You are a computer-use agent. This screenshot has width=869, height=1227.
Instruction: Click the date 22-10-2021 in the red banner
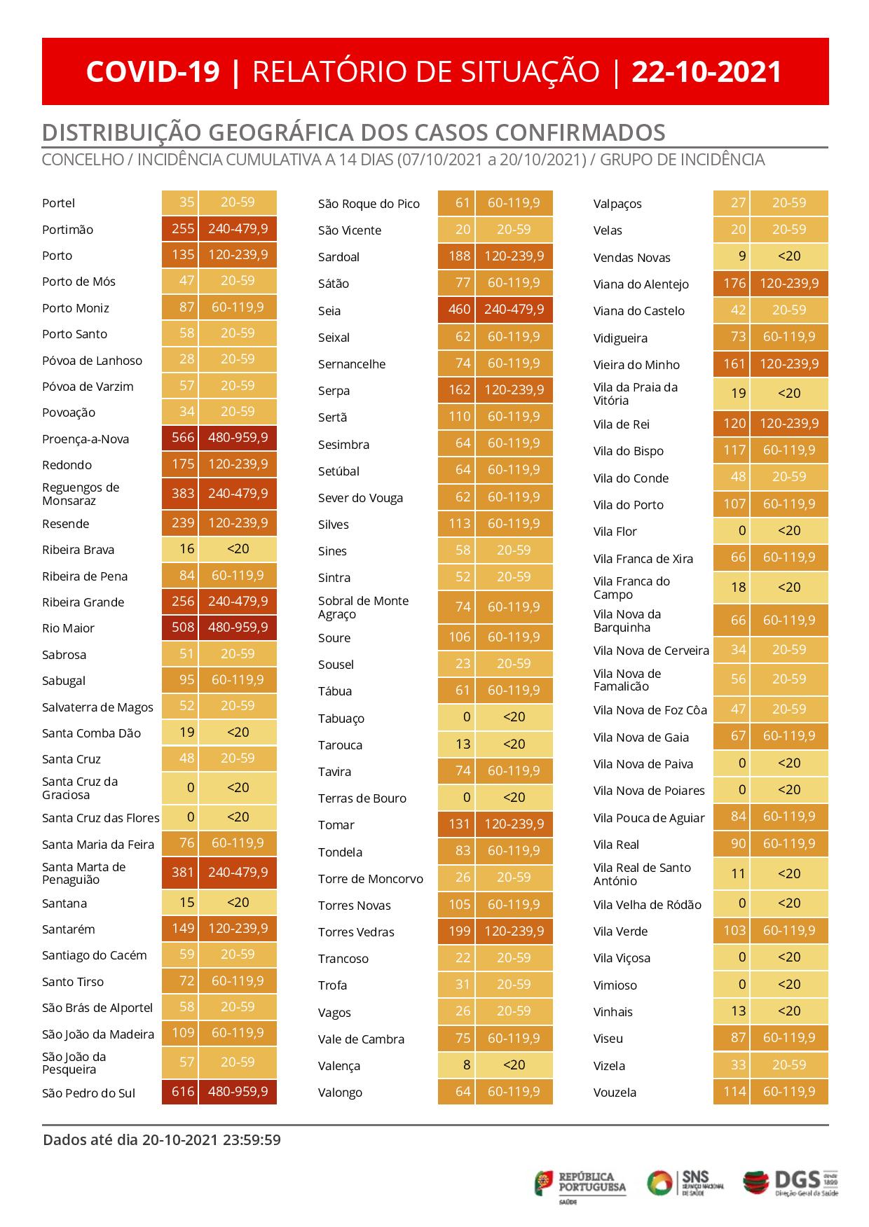point(706,72)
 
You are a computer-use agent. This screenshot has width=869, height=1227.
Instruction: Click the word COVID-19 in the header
point(153,72)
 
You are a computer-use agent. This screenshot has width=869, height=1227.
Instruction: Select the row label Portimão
point(67,230)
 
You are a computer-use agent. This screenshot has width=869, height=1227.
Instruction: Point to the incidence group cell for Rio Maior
point(238,628)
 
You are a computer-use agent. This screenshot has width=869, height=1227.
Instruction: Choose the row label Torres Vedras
point(356,932)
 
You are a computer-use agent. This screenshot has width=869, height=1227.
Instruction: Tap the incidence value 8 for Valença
point(463,1065)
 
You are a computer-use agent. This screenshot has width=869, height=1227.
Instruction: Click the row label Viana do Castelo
point(639,311)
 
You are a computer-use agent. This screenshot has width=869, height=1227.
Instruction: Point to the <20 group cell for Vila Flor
point(789,531)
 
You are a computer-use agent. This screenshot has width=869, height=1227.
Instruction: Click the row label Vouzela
point(615,1093)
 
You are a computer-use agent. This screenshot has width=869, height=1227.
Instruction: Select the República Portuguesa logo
point(581,1183)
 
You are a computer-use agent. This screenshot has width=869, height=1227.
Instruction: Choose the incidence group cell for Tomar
point(514,824)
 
